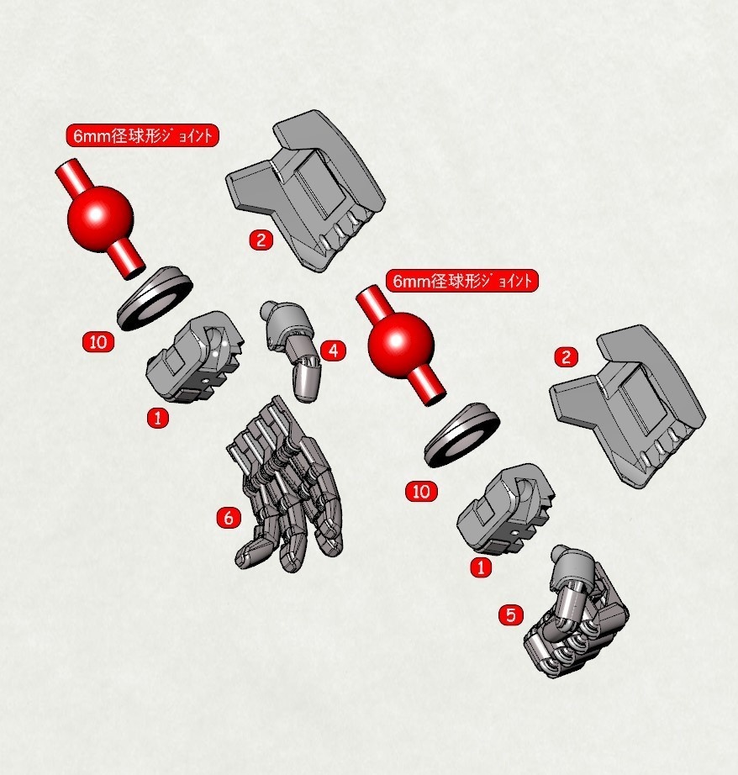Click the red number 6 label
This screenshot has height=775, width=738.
pyautogui.click(x=228, y=518)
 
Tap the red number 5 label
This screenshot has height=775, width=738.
pyautogui.click(x=510, y=615)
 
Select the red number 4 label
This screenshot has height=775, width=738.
pyautogui.click(x=333, y=351)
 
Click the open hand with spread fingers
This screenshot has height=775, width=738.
pyautogui.click(x=286, y=488)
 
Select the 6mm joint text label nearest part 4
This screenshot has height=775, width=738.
pyautogui.click(x=461, y=281)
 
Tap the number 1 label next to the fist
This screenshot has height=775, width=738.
pyautogui.click(x=479, y=567)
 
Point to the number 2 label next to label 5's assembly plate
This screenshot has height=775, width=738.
pyautogui.click(x=567, y=357)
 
